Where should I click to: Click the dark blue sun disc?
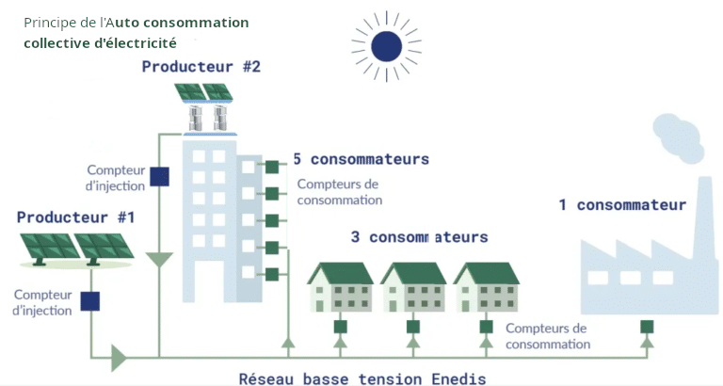(386, 46)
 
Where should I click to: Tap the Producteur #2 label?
(201, 67)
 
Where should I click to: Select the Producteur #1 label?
(75, 217)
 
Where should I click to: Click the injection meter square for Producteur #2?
(159, 177)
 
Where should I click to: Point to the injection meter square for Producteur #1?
(90, 301)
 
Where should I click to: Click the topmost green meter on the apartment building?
(272, 167)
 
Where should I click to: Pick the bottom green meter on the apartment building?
(272, 274)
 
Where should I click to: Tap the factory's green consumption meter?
(647, 327)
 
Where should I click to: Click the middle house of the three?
(413, 287)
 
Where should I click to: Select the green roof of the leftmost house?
(341, 273)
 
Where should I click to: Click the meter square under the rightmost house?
(486, 327)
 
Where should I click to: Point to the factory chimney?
(705, 217)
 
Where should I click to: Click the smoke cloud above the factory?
(679, 138)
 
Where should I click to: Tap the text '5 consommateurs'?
(361, 159)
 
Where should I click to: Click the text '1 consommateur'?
(622, 204)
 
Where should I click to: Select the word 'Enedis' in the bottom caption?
(458, 379)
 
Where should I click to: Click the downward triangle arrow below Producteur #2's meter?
(159, 260)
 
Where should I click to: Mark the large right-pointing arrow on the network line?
(119, 358)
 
